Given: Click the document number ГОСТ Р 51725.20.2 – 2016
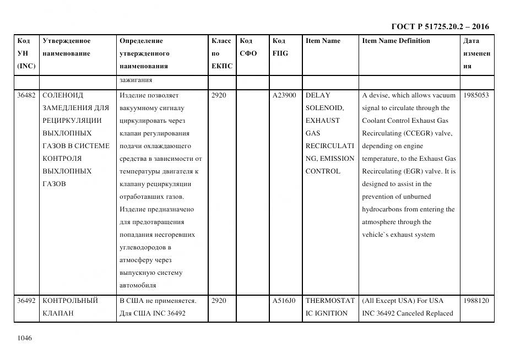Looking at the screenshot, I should click(x=440, y=26).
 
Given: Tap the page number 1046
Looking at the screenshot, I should click(x=25, y=338).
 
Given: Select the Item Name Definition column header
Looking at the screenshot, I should click(x=396, y=41).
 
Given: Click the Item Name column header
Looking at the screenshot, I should click(x=323, y=41).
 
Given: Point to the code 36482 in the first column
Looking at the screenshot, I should click(x=26, y=95).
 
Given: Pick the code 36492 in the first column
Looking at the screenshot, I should click(x=26, y=301).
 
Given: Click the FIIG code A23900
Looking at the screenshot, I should click(x=284, y=95).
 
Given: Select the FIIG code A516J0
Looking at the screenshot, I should click(x=284, y=301).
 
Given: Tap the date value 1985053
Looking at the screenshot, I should click(x=476, y=95).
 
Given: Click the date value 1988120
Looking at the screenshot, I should click(x=476, y=301).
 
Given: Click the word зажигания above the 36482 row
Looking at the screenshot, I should click(x=135, y=80).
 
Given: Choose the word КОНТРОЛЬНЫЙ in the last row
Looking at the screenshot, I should click(x=70, y=301).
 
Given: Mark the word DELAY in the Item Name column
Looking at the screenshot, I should click(x=318, y=95).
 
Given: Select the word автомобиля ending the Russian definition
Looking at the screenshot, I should click(x=138, y=285).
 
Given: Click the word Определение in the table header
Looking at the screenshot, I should click(x=141, y=41).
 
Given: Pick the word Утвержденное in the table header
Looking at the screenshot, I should click(x=67, y=41).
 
